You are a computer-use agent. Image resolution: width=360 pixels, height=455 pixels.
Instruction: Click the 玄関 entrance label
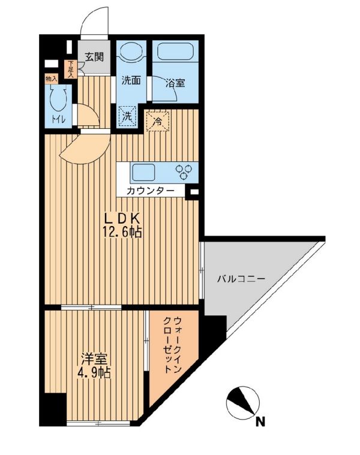click(94, 57)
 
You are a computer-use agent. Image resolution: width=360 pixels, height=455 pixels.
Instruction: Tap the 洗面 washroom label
click(131, 81)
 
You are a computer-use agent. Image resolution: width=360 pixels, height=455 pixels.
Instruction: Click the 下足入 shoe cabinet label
click(71, 69)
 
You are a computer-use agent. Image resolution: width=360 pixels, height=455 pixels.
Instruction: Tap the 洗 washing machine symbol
click(127, 117)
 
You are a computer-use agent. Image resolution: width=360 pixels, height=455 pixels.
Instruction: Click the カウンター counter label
click(151, 191)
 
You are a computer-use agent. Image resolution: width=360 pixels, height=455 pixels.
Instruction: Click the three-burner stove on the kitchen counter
click(183, 171)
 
